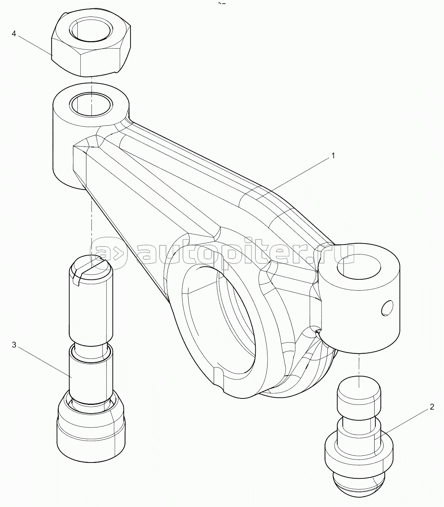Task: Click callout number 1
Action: click(333, 156)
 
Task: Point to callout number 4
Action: click(14, 34)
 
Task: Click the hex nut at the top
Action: click(91, 44)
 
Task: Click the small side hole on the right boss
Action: click(387, 308)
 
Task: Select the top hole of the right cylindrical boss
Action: click(359, 267)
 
